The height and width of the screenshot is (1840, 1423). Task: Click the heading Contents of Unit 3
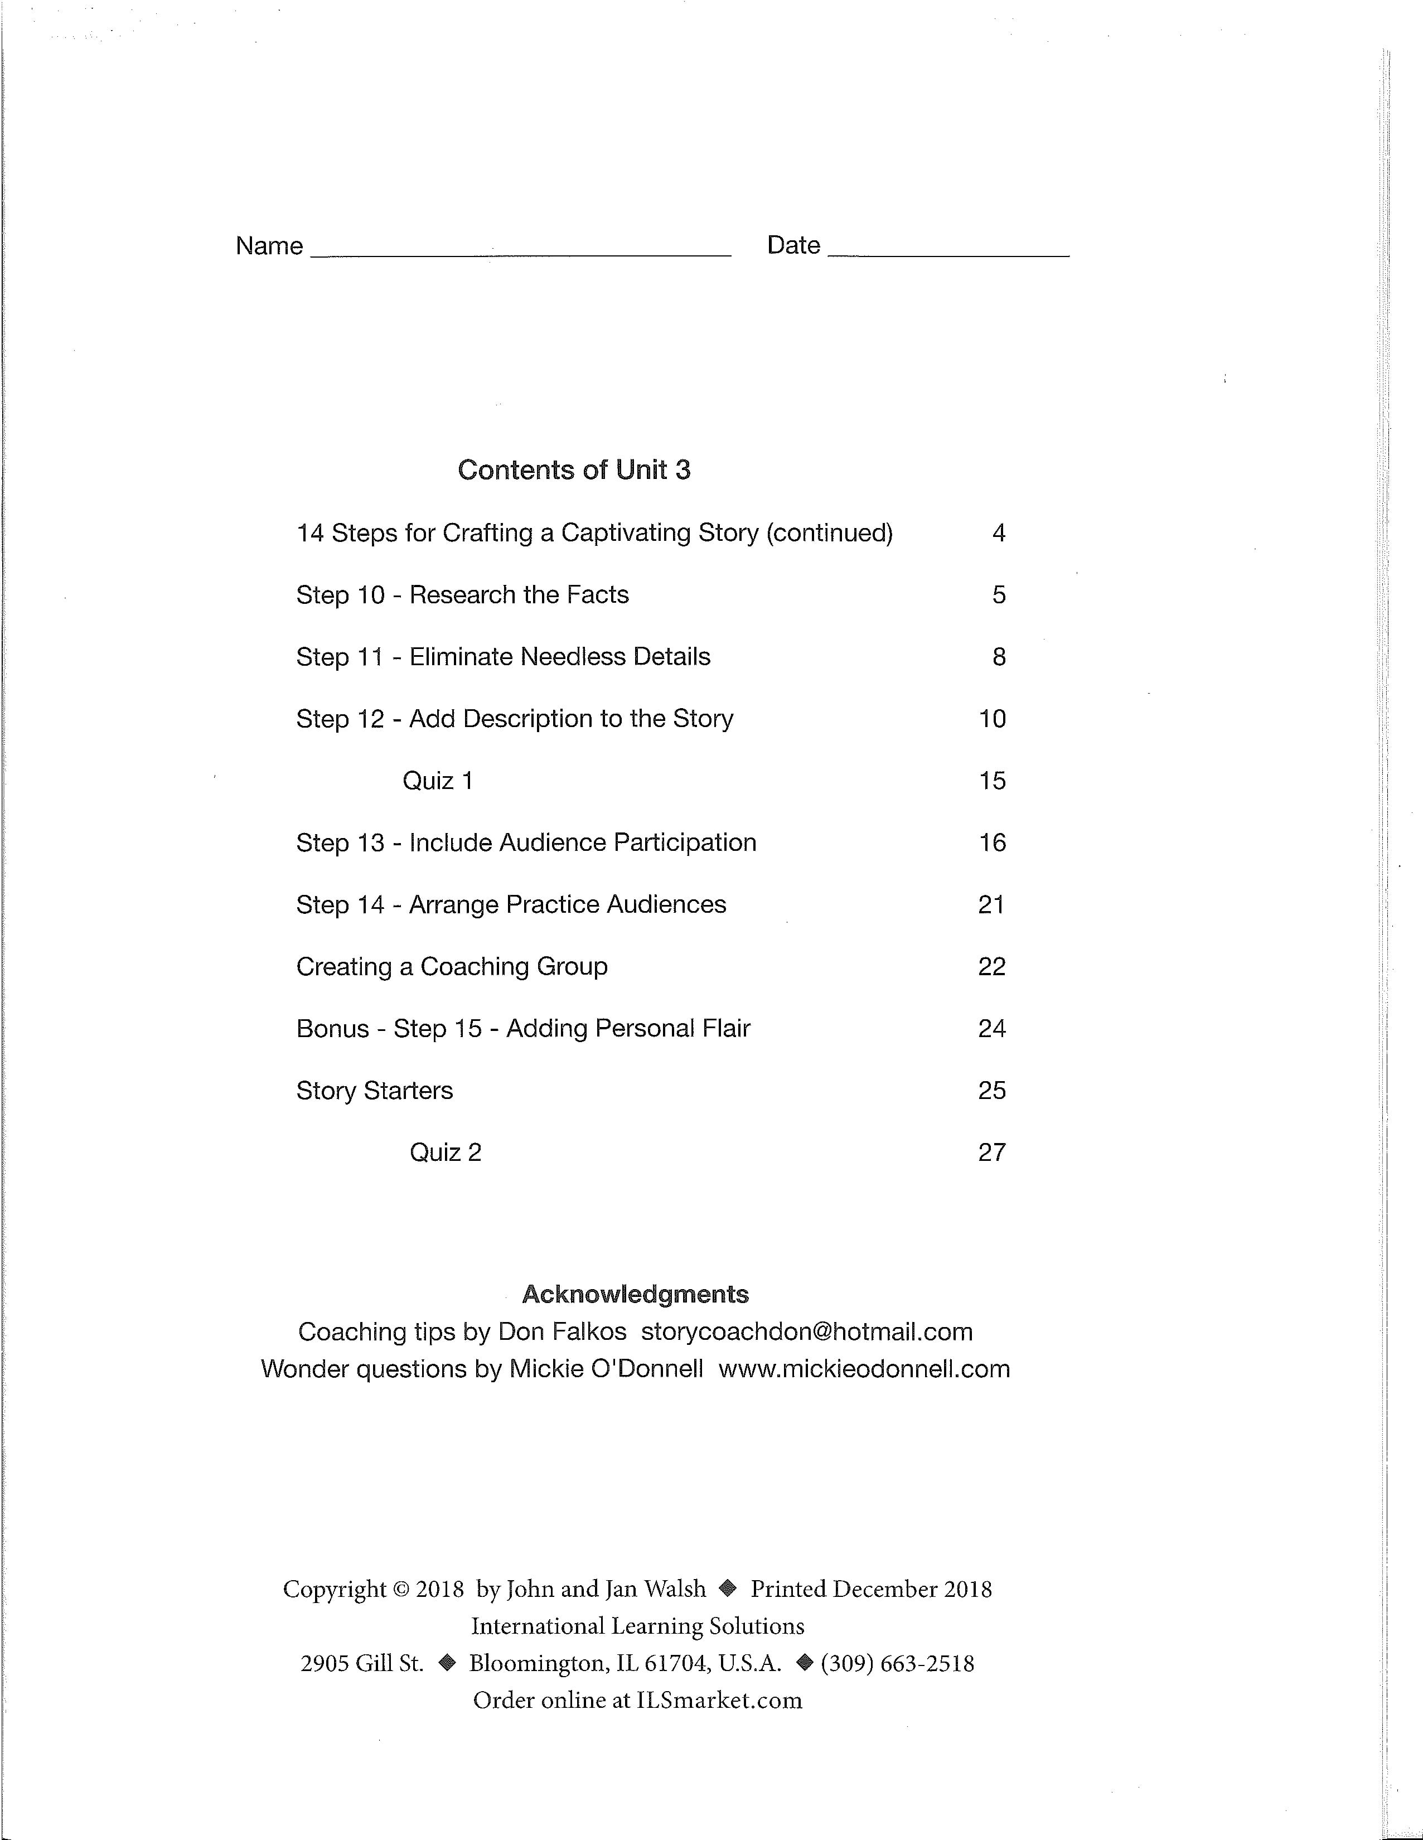(x=574, y=470)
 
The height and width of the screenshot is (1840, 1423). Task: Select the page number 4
(x=998, y=533)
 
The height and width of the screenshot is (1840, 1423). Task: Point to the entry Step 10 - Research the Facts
(x=463, y=595)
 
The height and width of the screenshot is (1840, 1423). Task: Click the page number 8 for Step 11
(x=998, y=657)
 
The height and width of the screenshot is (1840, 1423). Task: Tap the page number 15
(x=991, y=781)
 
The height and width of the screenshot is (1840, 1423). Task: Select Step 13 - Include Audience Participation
(x=526, y=843)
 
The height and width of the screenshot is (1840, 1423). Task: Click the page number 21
(x=991, y=905)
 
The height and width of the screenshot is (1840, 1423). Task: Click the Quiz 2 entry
(x=445, y=1153)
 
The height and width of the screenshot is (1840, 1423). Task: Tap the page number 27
(x=991, y=1153)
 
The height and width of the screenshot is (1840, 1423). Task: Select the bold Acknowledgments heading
(x=635, y=1294)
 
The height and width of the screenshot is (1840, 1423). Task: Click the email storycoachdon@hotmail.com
(x=806, y=1332)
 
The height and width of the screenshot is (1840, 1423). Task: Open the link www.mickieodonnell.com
(x=864, y=1369)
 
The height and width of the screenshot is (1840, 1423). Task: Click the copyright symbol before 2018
(x=400, y=1590)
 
